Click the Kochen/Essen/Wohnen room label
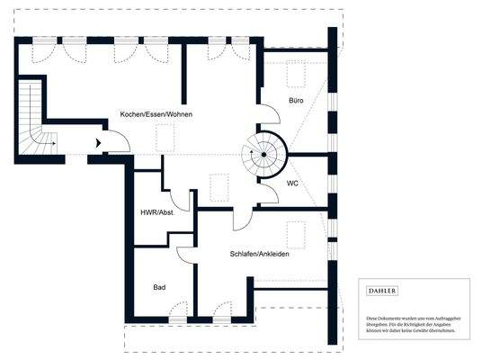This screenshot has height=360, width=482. pyautogui.click(x=156, y=115)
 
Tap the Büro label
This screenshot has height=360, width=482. pyautogui.click(x=296, y=101)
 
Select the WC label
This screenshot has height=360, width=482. pyautogui.click(x=292, y=184)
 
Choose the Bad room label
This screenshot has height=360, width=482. pyautogui.click(x=159, y=287)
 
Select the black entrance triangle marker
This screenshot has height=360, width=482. pyautogui.click(x=97, y=142)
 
